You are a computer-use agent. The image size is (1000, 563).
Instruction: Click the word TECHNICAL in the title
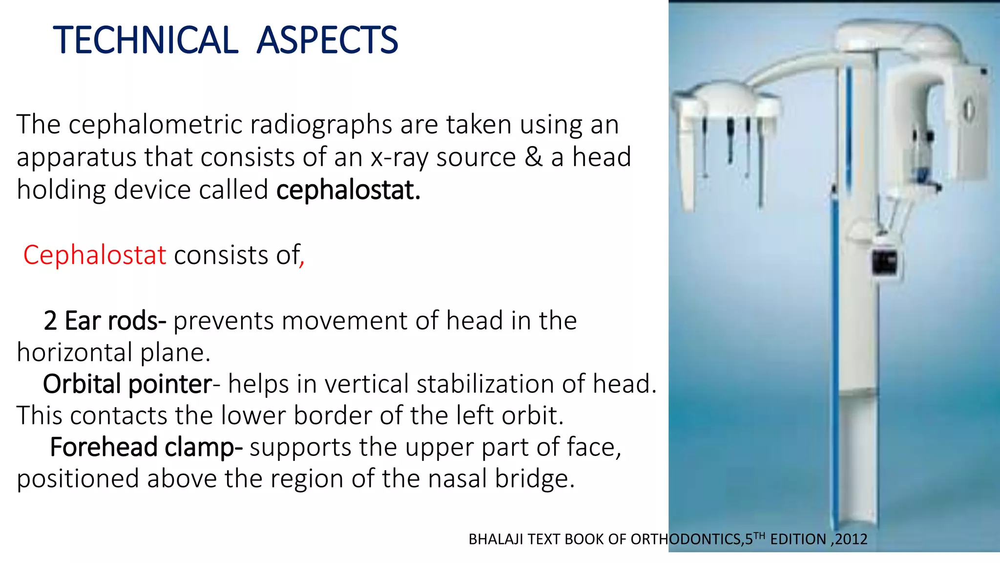(x=146, y=40)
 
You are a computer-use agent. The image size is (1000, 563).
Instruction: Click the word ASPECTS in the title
(x=327, y=40)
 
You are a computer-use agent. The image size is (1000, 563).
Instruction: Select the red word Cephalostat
(x=95, y=255)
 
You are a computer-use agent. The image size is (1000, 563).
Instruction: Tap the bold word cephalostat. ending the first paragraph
(x=348, y=190)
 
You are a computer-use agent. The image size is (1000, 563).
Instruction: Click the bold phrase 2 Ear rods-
(x=104, y=321)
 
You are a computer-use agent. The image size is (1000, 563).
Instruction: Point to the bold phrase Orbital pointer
(x=127, y=384)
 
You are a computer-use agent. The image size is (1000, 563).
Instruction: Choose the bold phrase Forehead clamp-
(x=146, y=447)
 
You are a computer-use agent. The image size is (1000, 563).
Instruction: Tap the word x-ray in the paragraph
(x=399, y=158)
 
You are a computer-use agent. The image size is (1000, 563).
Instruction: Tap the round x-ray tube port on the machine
(x=968, y=109)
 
